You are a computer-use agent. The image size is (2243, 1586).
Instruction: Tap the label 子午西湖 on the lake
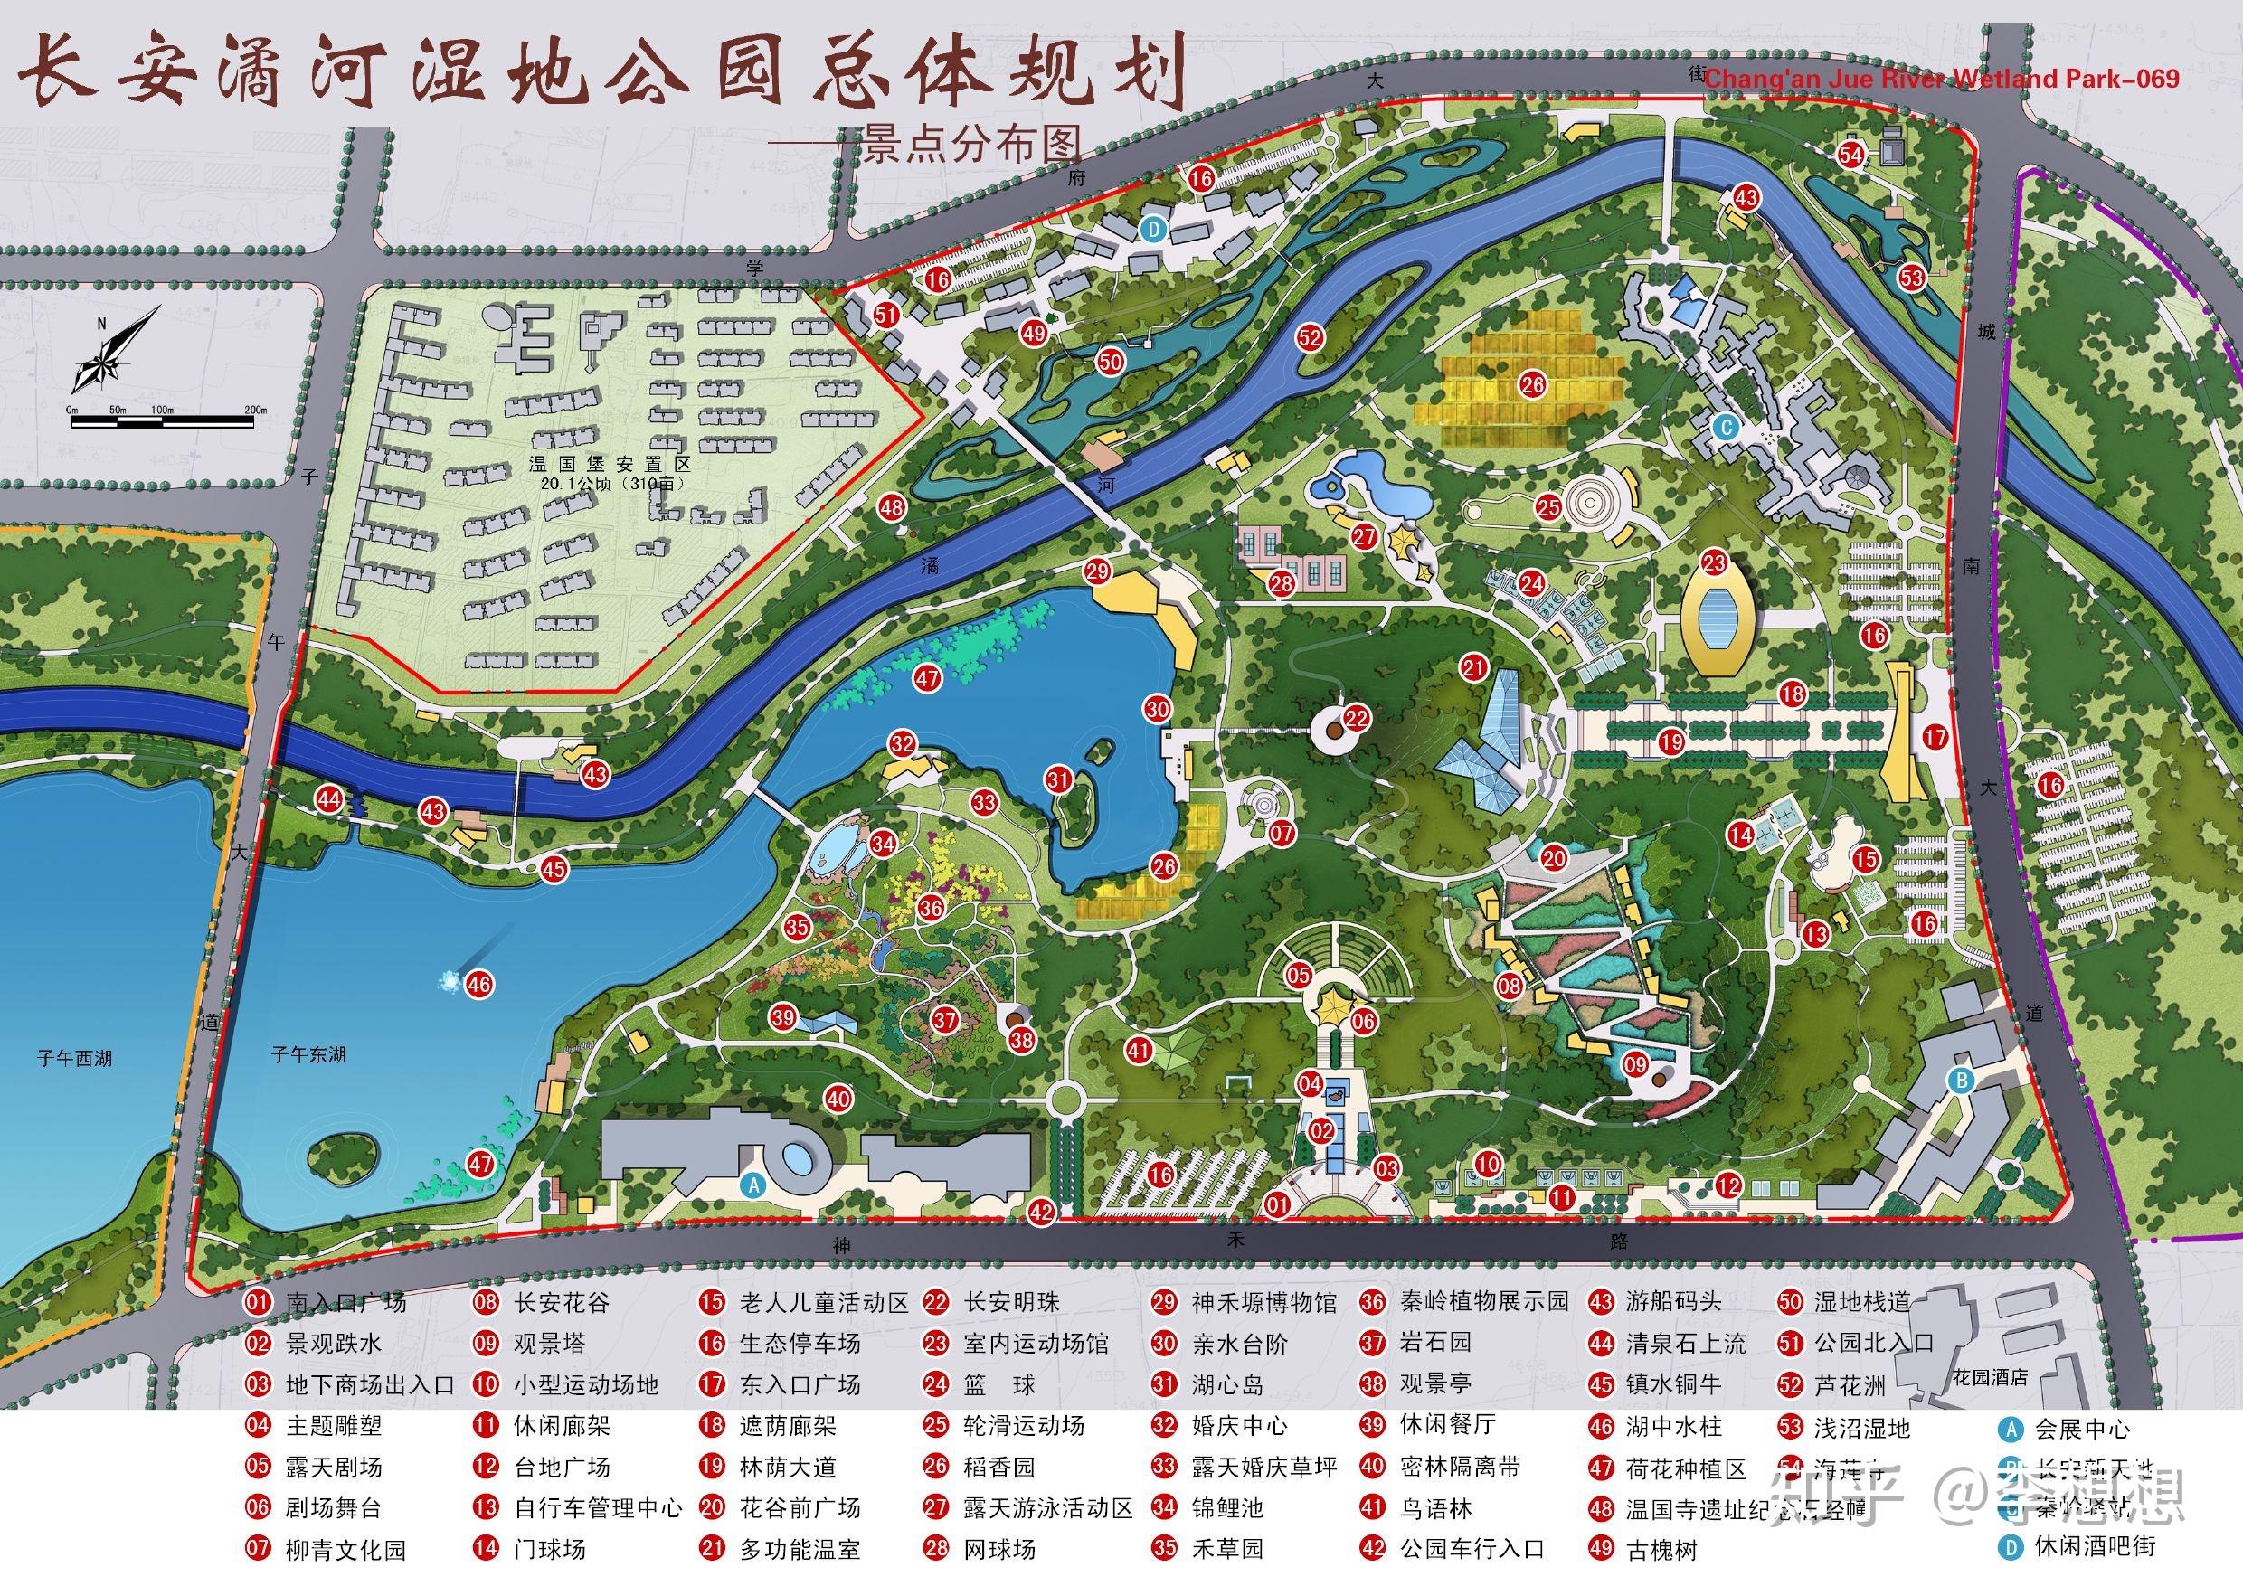pos(74,1059)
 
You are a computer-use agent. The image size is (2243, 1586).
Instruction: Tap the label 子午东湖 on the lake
pos(308,1054)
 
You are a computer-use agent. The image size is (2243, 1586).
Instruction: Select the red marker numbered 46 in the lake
pos(478,984)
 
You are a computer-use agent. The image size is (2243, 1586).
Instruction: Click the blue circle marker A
pos(752,1185)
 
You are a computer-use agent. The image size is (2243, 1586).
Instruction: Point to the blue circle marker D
pos(1155,230)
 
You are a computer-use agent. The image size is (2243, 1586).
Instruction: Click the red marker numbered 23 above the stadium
pos(1715,562)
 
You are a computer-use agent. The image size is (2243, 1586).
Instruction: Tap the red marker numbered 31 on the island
pos(1058,779)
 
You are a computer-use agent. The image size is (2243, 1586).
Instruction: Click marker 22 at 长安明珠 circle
pos(1357,719)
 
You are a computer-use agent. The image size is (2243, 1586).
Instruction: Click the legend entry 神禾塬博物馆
pos(1263,1303)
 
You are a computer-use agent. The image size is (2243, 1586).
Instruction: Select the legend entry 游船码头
pos(1673,1302)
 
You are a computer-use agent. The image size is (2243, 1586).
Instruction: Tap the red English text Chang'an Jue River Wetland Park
pos(1940,78)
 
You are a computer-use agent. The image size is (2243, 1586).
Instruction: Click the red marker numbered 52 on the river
pos(1309,338)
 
